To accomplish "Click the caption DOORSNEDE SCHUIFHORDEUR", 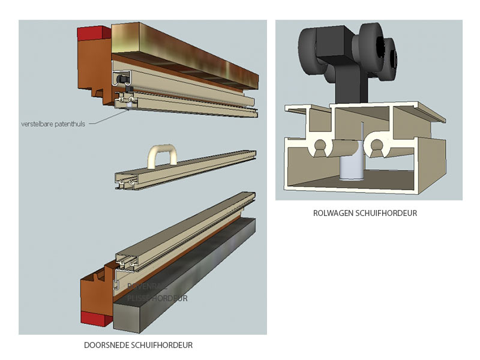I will click(x=138, y=345).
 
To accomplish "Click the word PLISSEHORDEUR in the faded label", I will click(x=157, y=298).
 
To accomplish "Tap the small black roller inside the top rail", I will click(x=122, y=79).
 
